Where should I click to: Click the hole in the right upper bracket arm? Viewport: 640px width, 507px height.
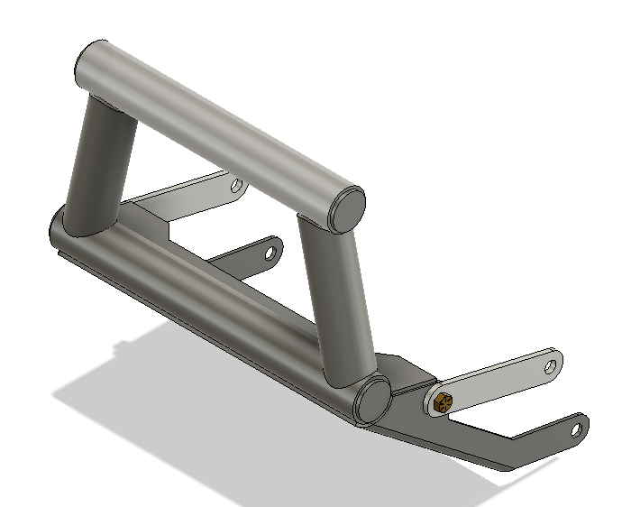tap(552, 364)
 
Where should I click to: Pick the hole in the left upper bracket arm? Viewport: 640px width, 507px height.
tap(236, 187)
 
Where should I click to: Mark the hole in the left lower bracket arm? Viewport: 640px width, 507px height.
tap(269, 253)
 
